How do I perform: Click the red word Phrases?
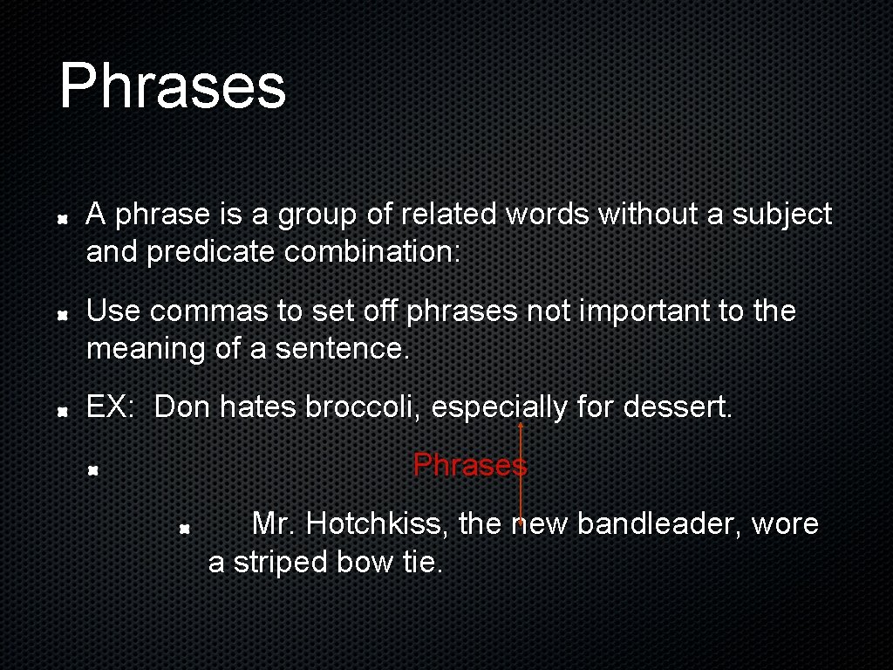coord(469,465)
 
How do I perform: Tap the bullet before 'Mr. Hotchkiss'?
coord(185,527)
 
